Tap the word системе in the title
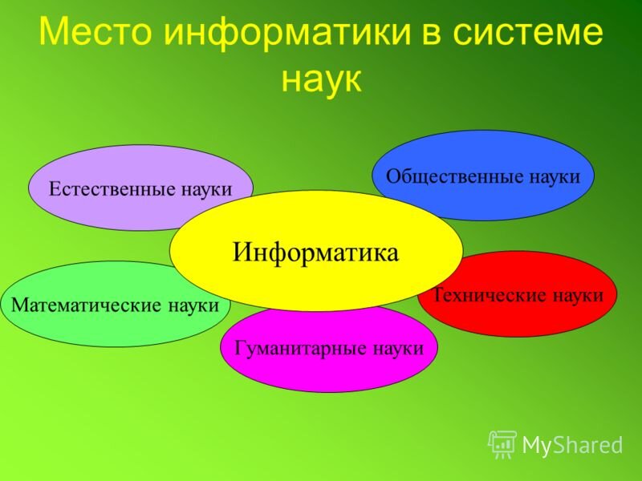point(528,32)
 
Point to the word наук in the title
point(322,79)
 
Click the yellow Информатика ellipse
point(316,250)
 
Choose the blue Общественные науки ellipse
point(483,176)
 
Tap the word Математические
point(87,305)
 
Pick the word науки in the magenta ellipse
point(398,350)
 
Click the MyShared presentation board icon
point(502,445)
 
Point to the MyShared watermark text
point(572,445)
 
